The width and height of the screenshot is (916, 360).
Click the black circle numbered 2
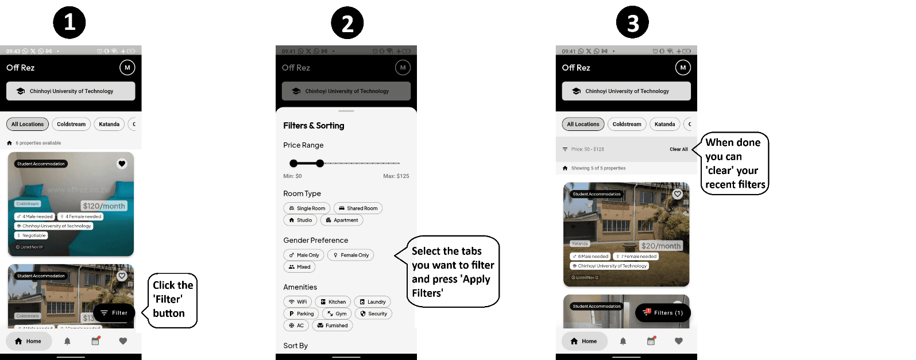(347, 23)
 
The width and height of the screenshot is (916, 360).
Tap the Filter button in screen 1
(114, 313)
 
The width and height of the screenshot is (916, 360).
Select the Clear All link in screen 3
(678, 149)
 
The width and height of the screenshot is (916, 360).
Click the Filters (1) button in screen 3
(663, 313)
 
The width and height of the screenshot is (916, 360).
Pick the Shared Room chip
(358, 208)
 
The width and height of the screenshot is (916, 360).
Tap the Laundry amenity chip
(372, 302)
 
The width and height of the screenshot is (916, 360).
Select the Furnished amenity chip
(333, 326)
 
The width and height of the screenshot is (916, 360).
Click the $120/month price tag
(104, 206)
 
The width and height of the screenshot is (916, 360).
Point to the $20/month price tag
(660, 246)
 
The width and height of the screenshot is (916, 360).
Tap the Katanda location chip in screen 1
(109, 124)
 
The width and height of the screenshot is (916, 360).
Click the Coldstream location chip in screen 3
(627, 124)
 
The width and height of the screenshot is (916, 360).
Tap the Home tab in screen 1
(29, 341)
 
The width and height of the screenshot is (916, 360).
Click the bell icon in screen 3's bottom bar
(623, 341)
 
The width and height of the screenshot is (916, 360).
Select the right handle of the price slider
(320, 164)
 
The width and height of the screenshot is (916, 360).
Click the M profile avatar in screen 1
(127, 68)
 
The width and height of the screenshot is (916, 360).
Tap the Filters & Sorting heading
(314, 126)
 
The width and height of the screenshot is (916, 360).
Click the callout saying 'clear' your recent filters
(735, 164)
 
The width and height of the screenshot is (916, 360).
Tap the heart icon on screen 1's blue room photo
(122, 164)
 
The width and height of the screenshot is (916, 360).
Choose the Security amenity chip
(373, 313)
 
